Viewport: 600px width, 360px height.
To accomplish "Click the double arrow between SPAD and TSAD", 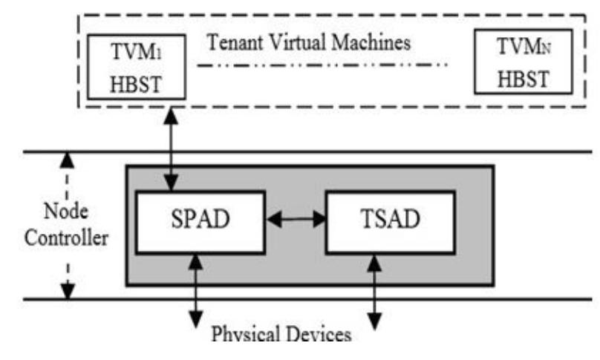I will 296,219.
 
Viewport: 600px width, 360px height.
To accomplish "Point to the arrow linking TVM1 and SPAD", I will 174,148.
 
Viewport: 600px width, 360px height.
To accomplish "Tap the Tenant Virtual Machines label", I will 309,42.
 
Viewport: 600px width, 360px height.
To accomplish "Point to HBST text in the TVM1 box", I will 135,82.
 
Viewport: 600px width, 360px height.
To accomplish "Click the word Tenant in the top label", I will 234,42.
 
